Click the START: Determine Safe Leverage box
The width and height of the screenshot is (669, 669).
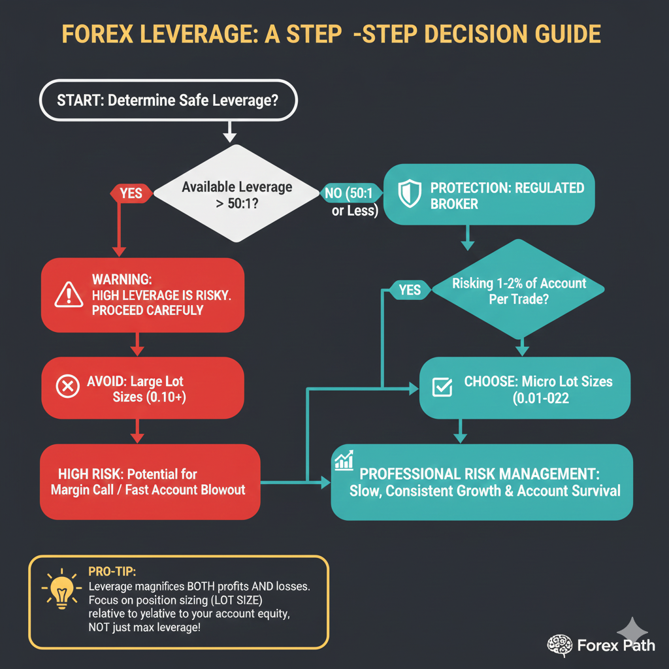pyautogui.click(x=169, y=101)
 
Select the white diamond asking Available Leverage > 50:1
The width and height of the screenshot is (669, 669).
pyautogui.click(x=237, y=194)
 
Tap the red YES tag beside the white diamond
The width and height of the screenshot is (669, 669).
pyautogui.click(x=131, y=193)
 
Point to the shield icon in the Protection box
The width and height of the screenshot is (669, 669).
pyautogui.click(x=410, y=195)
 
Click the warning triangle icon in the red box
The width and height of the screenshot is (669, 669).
pyautogui.click(x=69, y=295)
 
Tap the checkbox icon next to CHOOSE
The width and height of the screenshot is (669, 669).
pyautogui.click(x=442, y=387)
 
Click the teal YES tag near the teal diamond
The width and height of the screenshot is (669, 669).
pyautogui.click(x=410, y=289)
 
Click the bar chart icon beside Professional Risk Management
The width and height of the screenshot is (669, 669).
pyautogui.click(x=344, y=461)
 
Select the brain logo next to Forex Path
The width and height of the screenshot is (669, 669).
pyautogui.click(x=559, y=645)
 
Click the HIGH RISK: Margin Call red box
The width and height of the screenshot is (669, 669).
pyautogui.click(x=150, y=481)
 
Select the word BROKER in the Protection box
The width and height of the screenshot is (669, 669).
pyautogui.click(x=453, y=204)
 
